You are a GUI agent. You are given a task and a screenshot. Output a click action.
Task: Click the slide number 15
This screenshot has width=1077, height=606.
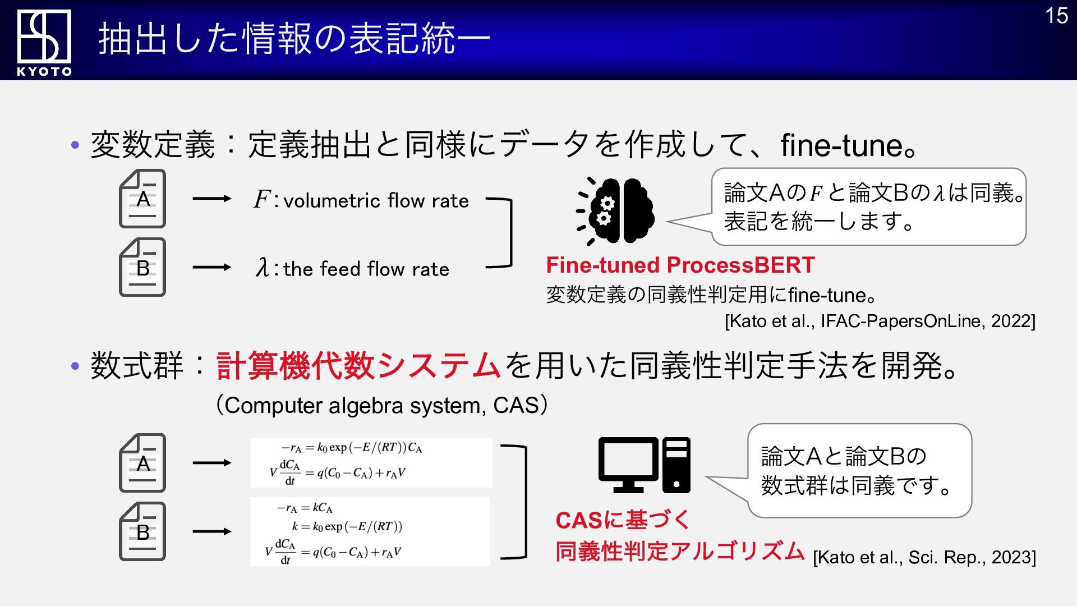pos(1056,16)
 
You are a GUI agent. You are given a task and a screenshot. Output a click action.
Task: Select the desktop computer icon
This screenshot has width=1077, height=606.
pos(644,465)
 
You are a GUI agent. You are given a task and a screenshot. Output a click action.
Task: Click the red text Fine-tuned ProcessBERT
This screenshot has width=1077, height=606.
pos(680,265)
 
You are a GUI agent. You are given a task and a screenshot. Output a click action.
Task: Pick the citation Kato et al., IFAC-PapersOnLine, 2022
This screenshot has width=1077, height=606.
pos(880,321)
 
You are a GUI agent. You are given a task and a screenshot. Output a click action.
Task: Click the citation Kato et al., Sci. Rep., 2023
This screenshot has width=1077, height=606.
pos(924,557)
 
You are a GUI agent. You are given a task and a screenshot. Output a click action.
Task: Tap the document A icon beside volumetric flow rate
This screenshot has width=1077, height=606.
pos(142,199)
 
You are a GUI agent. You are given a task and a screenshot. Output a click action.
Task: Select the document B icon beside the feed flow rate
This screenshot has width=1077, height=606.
pos(142,267)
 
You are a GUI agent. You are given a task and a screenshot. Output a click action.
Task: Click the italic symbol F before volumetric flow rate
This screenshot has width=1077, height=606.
pos(262,199)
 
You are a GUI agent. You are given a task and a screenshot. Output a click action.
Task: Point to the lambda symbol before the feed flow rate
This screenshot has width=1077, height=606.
pos(262,268)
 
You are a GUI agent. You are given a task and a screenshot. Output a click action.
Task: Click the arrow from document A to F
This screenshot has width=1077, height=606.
pos(211,199)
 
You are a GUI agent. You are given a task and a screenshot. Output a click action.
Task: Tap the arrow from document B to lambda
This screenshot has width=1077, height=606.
pos(211,268)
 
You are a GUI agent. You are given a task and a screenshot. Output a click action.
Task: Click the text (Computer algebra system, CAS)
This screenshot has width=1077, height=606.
pos(382,405)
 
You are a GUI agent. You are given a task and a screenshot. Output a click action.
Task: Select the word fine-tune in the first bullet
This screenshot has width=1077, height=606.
pos(841,145)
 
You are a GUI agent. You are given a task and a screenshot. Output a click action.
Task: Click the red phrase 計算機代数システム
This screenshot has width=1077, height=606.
pos(358,365)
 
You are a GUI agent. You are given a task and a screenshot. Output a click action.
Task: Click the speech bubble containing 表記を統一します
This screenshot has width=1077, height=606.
pos(868,207)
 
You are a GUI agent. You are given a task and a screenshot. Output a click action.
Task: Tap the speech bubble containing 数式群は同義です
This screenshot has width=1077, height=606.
pos(859,471)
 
